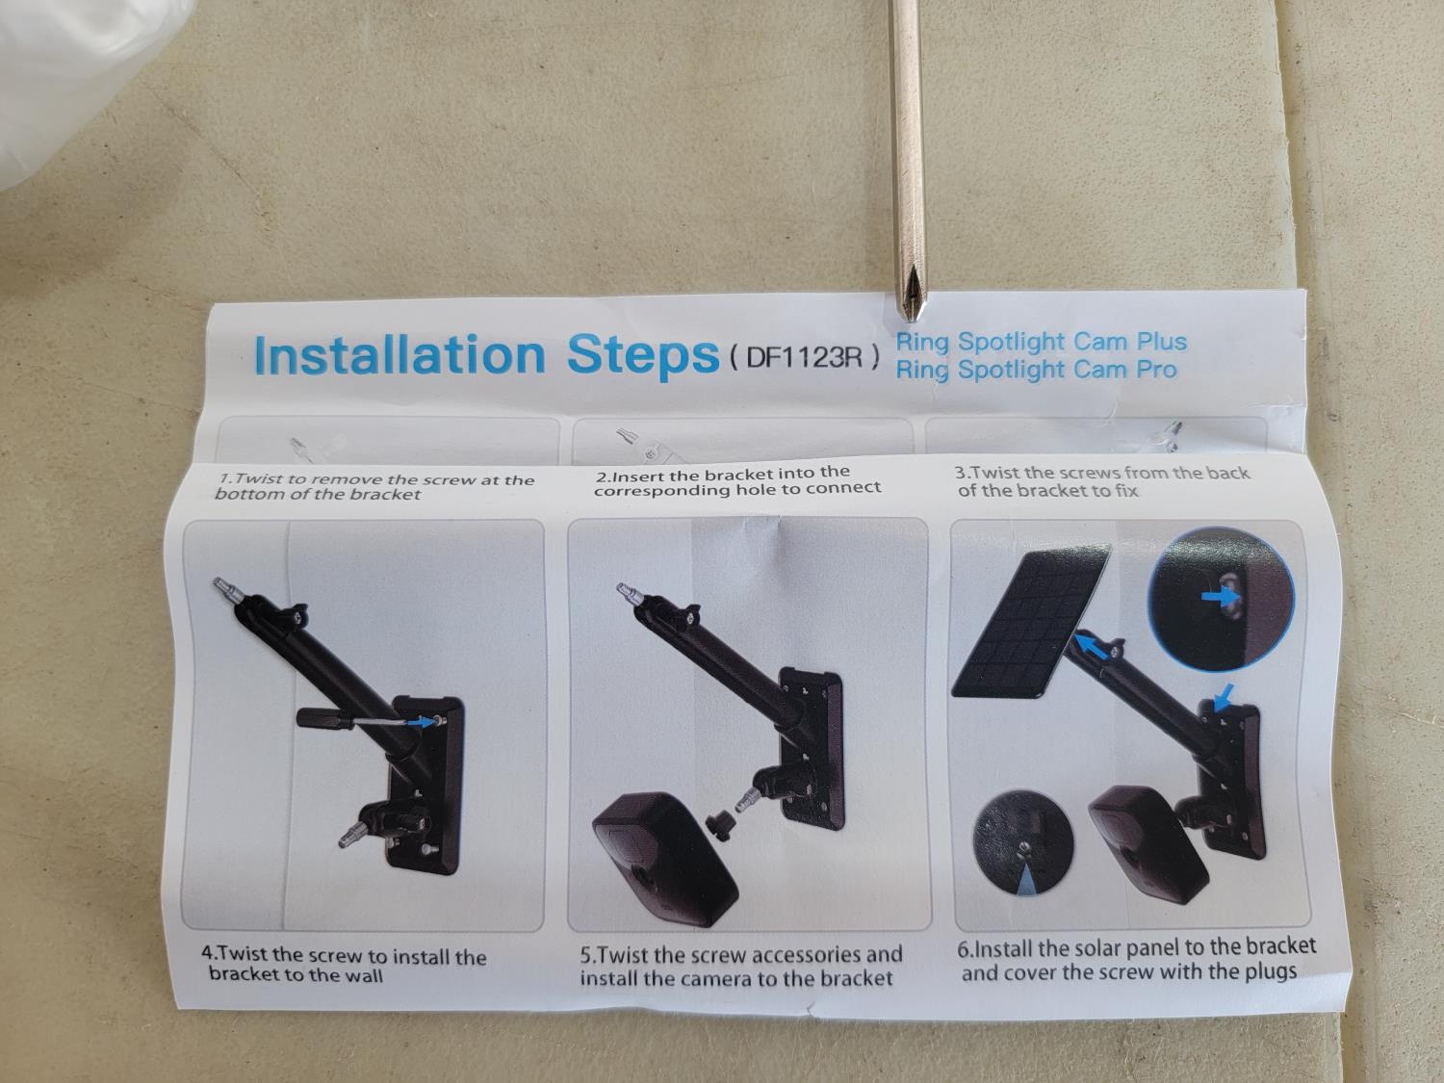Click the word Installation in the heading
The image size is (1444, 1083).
click(400, 355)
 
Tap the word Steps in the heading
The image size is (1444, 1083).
click(643, 357)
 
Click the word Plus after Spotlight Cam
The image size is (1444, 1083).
click(1162, 342)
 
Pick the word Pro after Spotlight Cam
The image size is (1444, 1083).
click(1156, 370)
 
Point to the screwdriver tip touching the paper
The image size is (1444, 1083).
click(911, 315)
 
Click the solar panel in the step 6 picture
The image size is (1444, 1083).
click(1030, 621)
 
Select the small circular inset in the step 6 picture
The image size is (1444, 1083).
click(1023, 843)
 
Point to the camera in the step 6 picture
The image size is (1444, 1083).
click(1147, 845)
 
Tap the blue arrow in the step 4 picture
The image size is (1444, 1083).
click(421, 722)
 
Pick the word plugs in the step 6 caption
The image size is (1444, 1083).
click(1271, 972)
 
